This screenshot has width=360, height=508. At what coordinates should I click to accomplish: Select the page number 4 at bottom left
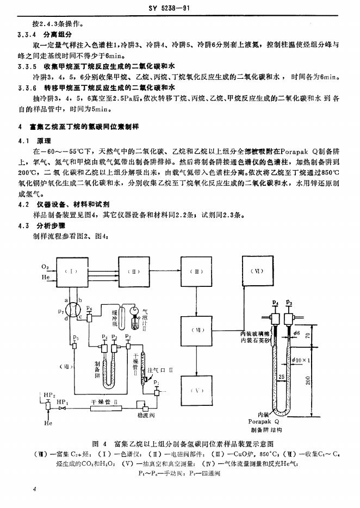(x=34, y=490)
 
